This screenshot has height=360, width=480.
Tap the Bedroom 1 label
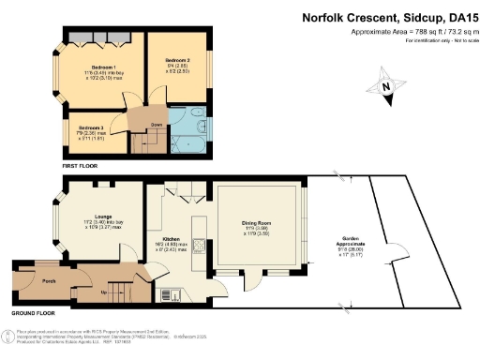click(102, 68)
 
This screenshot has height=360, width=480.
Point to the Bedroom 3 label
click(91, 127)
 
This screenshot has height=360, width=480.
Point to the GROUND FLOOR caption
click(33, 312)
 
